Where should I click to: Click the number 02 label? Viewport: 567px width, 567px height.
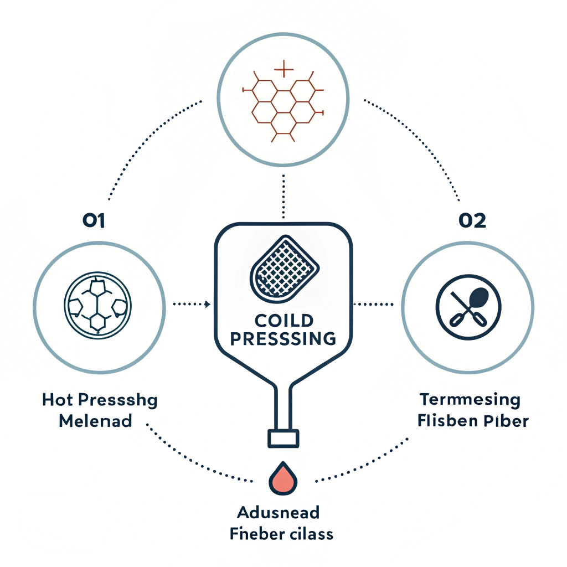pos(472,221)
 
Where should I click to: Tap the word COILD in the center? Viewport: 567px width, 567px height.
pos(283,320)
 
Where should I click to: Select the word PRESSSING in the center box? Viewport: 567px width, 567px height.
pos(283,338)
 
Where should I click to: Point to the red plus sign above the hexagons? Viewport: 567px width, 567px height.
pos(283,70)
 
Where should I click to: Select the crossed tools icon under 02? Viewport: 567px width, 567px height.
pos(468,306)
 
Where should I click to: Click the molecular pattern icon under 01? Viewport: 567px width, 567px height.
pos(99,306)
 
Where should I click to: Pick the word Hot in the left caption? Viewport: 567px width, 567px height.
pos(56,400)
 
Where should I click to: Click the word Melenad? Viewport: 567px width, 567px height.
pos(95,421)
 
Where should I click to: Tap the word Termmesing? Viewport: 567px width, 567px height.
pos(470,400)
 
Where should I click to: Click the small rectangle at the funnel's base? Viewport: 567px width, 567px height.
pos(283,438)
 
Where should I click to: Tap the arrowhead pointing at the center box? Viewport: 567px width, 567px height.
pos(207,304)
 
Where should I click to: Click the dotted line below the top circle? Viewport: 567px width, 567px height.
pos(283,197)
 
